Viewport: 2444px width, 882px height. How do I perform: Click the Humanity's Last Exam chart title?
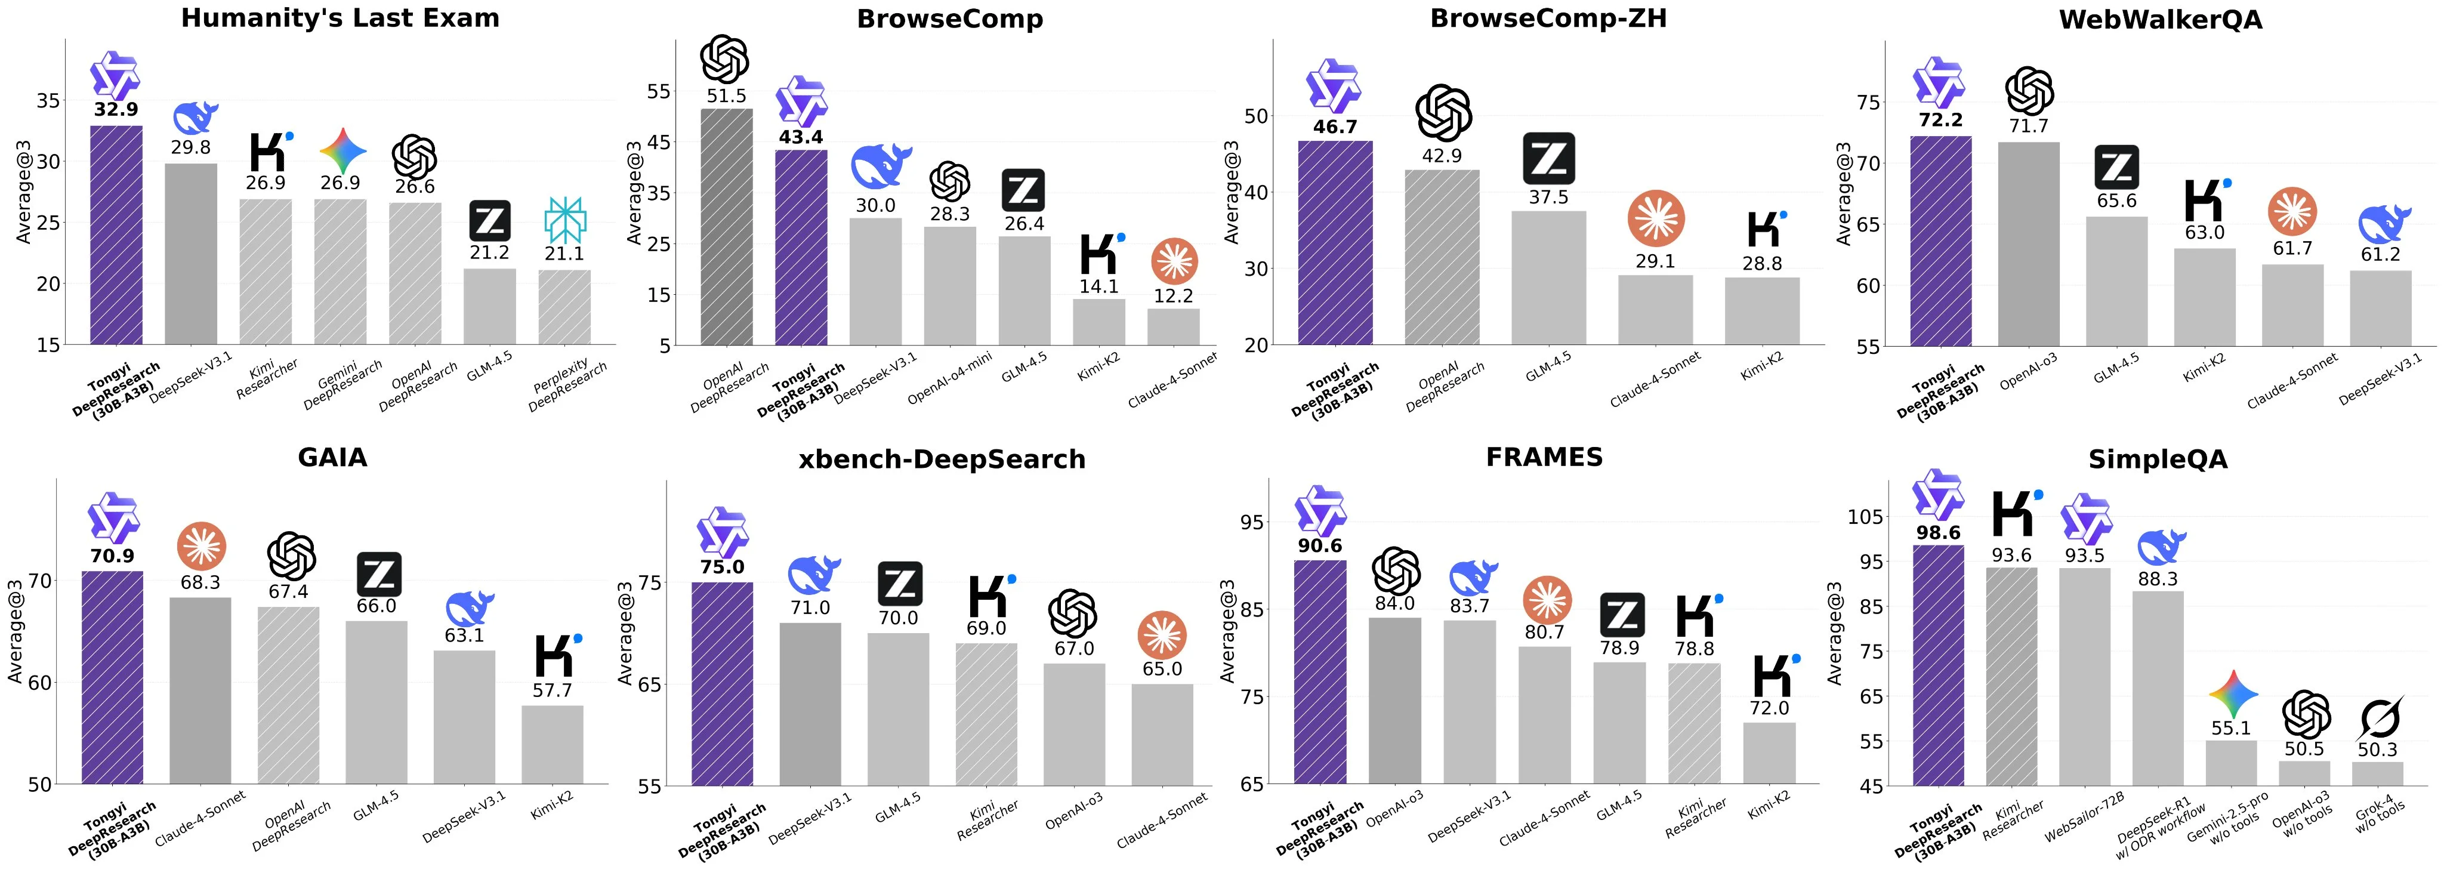(340, 18)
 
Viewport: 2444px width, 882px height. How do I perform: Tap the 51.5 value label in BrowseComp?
(726, 96)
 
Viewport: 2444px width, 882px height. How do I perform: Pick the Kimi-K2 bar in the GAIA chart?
(551, 745)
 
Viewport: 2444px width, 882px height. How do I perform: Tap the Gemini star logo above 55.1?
(2232, 695)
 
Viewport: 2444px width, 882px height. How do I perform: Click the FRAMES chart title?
(1544, 457)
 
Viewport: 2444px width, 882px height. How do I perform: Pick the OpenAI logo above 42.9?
(1442, 113)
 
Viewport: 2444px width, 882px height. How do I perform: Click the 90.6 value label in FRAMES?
(1320, 546)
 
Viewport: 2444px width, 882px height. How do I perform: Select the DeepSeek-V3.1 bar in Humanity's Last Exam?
(191, 254)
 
